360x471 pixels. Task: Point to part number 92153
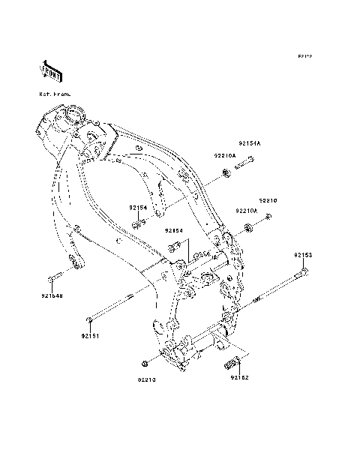(x=302, y=255)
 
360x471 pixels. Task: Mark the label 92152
(x=239, y=378)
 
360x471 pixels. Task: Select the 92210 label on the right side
(x=268, y=201)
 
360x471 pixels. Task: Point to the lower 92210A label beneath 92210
(x=247, y=212)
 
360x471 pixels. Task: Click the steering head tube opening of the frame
(x=73, y=115)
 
